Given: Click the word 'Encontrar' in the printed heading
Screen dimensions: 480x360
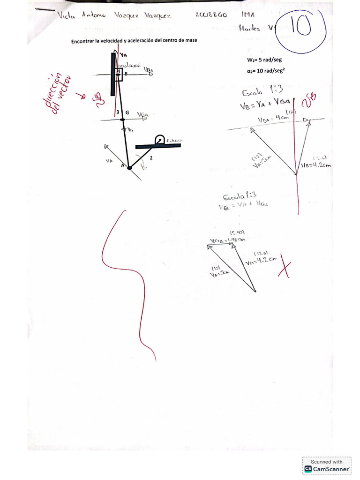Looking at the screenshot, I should pos(82,41).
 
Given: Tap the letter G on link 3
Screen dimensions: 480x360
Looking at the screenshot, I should pos(127,112).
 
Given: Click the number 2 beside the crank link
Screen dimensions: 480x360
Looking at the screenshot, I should pos(150,158).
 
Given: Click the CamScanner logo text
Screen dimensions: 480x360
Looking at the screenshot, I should pos(331,469).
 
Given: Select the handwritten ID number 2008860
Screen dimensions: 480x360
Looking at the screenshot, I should pos(211,15).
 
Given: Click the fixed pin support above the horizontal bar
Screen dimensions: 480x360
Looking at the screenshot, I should pos(159,140).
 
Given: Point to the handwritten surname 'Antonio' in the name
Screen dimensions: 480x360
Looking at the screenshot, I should pos(94,15).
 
